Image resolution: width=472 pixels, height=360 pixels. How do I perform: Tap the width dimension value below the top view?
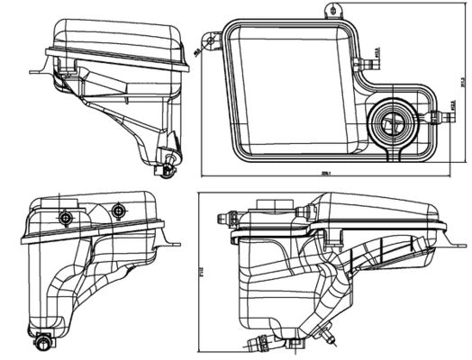(x=325, y=175)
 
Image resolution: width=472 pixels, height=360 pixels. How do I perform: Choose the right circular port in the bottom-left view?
(x=116, y=211)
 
